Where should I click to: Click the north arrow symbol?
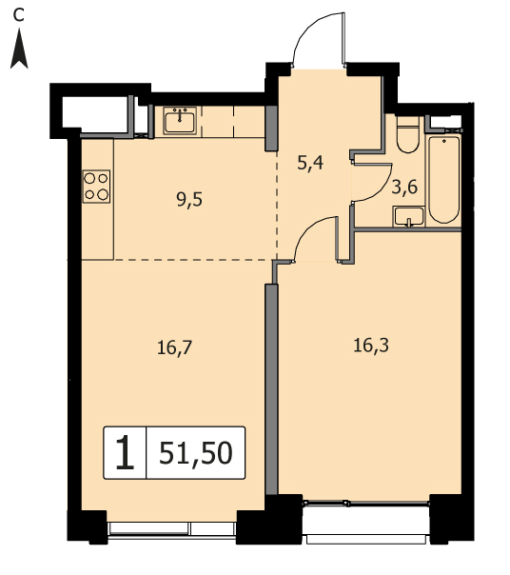19,50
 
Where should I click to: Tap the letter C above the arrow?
18,15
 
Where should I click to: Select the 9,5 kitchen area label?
189,201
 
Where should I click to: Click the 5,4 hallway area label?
310,163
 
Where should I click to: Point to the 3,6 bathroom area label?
404,188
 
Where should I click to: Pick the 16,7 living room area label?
174,347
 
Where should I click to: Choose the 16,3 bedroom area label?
371,346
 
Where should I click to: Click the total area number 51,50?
196,453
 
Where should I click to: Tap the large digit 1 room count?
125,452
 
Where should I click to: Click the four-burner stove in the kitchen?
96,187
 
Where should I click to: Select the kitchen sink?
180,120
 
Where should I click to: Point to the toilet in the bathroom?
407,134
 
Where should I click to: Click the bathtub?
444,180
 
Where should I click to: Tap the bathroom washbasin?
409,217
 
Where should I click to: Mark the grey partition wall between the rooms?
271,389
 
